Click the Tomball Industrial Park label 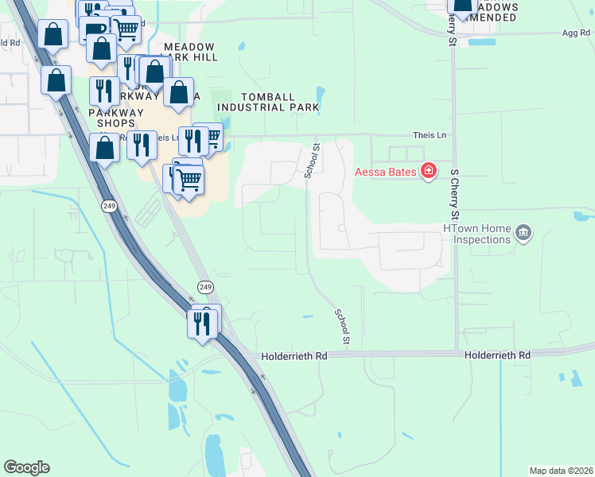click(x=268, y=102)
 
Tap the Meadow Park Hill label click(x=189, y=52)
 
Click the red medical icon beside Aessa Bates click(x=428, y=170)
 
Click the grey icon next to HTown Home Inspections click(x=523, y=233)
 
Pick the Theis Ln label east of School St click(x=430, y=136)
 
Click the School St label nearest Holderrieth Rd click(x=343, y=327)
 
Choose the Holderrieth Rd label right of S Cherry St click(x=497, y=355)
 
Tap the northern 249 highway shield click(x=109, y=206)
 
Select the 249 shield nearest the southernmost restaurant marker click(x=204, y=285)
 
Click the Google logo click(x=26, y=467)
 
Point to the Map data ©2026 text click(x=561, y=471)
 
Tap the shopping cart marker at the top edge click(x=126, y=29)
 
